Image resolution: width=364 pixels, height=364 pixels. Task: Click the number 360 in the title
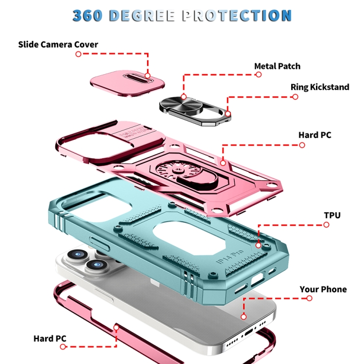click(x=87, y=16)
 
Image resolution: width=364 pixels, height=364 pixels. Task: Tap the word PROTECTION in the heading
click(x=237, y=16)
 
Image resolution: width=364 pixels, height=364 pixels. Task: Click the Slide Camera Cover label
click(x=58, y=44)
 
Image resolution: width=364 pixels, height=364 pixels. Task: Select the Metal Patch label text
click(x=277, y=66)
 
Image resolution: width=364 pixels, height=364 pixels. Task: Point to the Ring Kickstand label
click(x=320, y=87)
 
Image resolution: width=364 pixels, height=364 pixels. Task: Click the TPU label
click(x=332, y=215)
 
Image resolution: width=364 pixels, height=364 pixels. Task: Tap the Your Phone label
click(x=323, y=289)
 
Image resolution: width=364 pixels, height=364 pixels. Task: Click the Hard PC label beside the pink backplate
click(x=315, y=135)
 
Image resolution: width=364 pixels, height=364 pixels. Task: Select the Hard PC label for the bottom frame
click(x=50, y=338)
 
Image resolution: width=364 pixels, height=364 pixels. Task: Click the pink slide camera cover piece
click(x=128, y=83)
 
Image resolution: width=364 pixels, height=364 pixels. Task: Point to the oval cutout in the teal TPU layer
click(x=190, y=238)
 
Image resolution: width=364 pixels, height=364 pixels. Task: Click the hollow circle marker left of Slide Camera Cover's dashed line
click(x=79, y=54)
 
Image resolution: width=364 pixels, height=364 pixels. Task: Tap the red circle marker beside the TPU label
click(x=326, y=225)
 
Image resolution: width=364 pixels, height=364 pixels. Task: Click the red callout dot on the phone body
click(x=244, y=316)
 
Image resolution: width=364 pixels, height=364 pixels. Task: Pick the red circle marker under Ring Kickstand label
click(x=295, y=97)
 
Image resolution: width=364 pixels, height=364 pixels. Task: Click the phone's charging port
click(x=249, y=332)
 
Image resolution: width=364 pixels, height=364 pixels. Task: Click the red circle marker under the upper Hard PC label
click(x=302, y=145)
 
